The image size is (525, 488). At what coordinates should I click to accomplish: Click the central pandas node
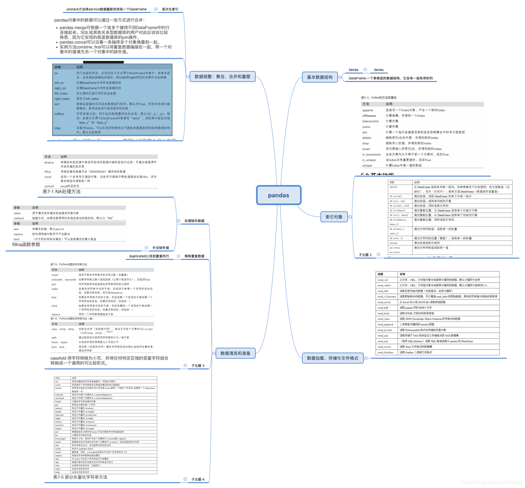tap(278, 195)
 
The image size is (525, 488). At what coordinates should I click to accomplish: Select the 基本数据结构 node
tap(319, 77)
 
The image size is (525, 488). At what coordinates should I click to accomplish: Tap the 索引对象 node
tap(334, 217)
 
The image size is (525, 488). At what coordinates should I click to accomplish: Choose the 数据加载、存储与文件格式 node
tap(332, 358)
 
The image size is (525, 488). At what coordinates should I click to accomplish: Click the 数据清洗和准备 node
tap(235, 353)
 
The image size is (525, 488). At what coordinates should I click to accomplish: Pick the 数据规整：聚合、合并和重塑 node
tap(222, 76)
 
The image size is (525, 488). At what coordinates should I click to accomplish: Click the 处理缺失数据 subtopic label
tap(195, 221)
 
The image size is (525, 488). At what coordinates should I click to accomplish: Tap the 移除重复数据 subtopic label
tap(195, 256)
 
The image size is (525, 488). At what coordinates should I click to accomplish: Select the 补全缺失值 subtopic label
tap(161, 248)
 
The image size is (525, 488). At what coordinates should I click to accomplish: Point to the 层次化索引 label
tap(170, 9)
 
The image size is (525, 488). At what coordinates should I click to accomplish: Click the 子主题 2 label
tap(365, 255)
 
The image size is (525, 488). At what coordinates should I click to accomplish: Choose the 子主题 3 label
tap(198, 366)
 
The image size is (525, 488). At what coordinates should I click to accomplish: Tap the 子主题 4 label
tap(198, 480)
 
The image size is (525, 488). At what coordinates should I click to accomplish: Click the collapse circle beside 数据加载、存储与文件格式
tap(366, 358)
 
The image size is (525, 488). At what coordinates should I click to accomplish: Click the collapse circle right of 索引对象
tap(350, 217)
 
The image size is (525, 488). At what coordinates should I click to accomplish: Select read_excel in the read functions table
tap(384, 302)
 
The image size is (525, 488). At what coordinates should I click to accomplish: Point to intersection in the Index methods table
tap(370, 121)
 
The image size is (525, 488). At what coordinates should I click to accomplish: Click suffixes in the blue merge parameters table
tap(59, 114)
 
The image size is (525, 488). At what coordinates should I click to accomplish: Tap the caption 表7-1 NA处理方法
tap(61, 192)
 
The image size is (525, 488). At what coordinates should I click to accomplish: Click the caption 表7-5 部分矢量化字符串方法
tap(80, 477)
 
